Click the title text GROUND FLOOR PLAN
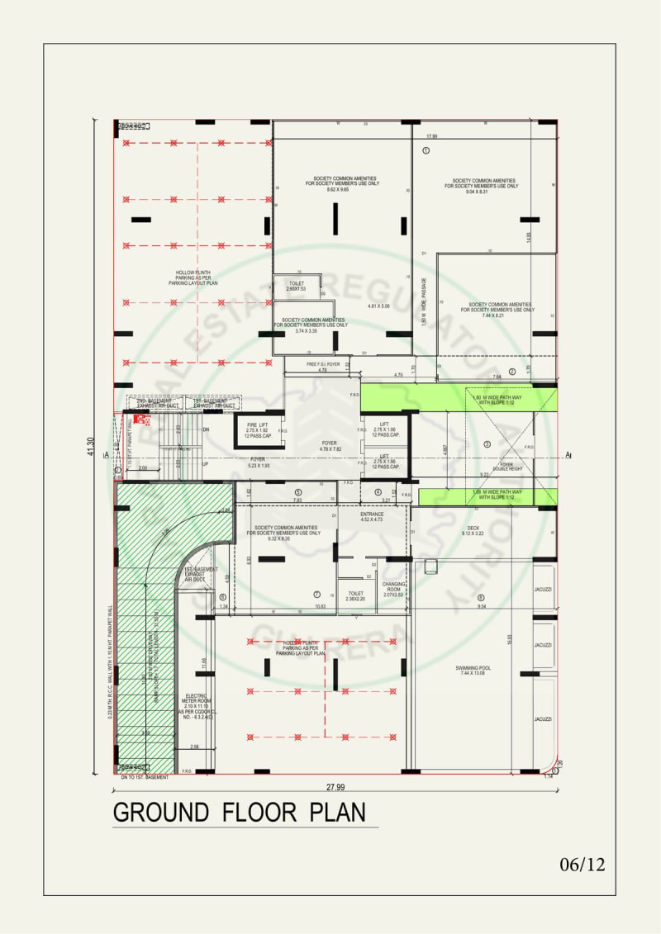239,812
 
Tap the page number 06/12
583,865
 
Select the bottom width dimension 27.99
335,787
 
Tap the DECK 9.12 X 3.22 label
473,530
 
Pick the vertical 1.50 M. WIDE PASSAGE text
424,301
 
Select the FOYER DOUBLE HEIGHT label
506,467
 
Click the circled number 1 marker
426,150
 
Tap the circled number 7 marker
316,595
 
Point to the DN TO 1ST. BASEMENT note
145,777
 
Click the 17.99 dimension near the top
431,135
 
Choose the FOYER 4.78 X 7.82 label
330,446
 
